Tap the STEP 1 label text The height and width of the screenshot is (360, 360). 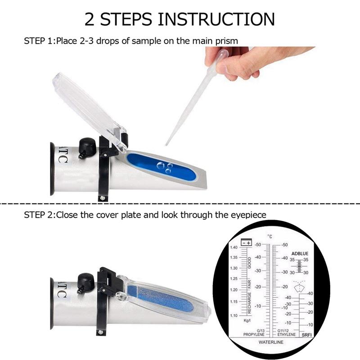click(38, 41)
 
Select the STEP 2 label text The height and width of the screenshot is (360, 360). click(38, 215)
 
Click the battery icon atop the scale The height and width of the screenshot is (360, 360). click(246, 242)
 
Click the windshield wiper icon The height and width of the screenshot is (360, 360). click(299, 286)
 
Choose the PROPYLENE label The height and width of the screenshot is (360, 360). click(253, 335)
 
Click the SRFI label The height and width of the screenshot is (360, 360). click(306, 335)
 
